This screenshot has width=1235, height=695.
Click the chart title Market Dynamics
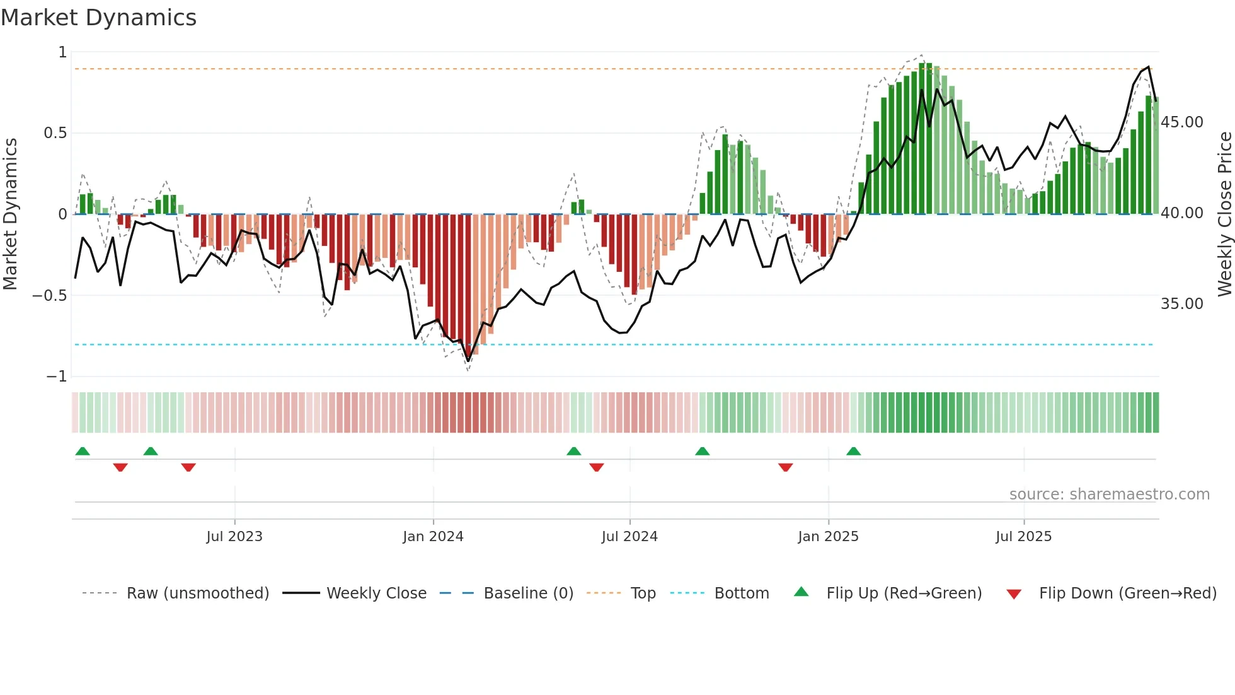point(99,18)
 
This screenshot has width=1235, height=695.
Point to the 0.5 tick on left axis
point(55,133)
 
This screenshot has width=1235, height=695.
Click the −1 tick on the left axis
point(56,377)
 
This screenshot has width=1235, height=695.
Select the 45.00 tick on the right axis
point(1181,122)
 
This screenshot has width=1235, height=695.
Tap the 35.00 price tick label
point(1181,304)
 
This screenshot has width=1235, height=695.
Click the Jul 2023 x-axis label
point(234,537)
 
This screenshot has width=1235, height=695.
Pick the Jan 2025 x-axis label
point(828,537)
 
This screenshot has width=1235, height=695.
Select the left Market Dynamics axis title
point(11,214)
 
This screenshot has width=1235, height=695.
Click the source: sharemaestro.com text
point(1109,494)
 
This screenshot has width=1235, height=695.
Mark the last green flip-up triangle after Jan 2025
point(854,452)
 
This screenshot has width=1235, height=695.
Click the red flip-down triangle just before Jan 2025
point(785,467)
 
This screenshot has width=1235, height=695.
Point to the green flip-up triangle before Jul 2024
point(573,452)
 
